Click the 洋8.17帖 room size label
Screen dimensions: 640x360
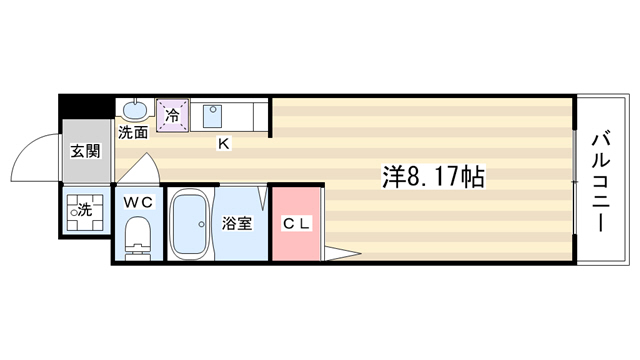coord(433,176)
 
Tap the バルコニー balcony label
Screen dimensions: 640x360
coord(601,181)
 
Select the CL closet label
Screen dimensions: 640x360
coord(296,223)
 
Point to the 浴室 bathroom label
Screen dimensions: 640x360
coord(237,223)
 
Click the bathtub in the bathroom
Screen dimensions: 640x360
coord(189,224)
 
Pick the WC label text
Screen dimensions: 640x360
coord(138,202)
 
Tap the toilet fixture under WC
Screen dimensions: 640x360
coord(138,238)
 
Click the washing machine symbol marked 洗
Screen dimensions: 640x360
coord(85,212)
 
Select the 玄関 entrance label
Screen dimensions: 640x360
coord(85,151)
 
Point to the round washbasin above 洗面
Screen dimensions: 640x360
coord(135,110)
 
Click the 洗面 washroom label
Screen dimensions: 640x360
coord(133,132)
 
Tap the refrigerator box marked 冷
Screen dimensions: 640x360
coord(172,115)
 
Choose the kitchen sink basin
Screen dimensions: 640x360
coord(212,116)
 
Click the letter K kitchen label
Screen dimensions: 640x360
coord(224,143)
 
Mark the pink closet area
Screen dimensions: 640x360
coord(296,224)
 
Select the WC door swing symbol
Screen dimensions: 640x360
coord(138,168)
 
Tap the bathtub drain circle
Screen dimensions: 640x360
coord(201,224)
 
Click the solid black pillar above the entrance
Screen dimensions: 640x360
coord(86,107)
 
